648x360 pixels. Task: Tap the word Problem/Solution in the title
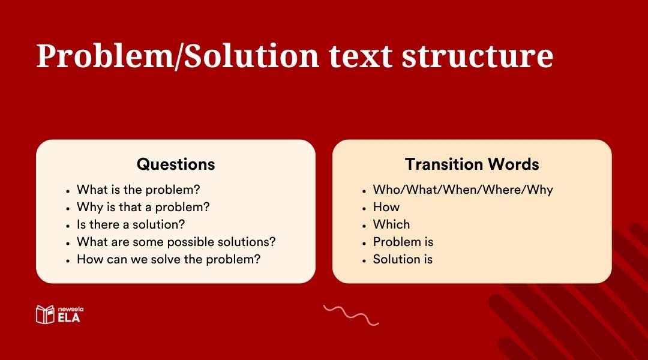pyautogui.click(x=178, y=56)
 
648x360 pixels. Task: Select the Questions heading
pyautogui.click(x=175, y=164)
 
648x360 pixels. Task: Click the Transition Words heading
pyautogui.click(x=472, y=164)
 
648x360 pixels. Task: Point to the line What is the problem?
pyautogui.click(x=138, y=190)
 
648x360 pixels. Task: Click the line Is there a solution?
pyautogui.click(x=130, y=224)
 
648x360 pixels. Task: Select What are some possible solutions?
pyautogui.click(x=176, y=242)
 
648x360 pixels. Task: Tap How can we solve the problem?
pyautogui.click(x=168, y=259)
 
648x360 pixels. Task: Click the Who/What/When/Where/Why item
pyautogui.click(x=463, y=190)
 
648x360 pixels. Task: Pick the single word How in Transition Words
pyautogui.click(x=386, y=207)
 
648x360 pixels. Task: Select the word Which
pyautogui.click(x=391, y=224)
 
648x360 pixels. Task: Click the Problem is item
pyautogui.click(x=403, y=242)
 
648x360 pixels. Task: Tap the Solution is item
pyautogui.click(x=403, y=259)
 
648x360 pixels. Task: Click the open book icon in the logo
pyautogui.click(x=45, y=314)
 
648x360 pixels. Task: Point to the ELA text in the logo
pyautogui.click(x=69, y=318)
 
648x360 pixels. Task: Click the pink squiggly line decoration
pyautogui.click(x=351, y=314)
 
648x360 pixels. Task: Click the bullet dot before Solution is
pyautogui.click(x=364, y=260)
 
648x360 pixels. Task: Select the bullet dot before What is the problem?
pyautogui.click(x=68, y=190)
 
